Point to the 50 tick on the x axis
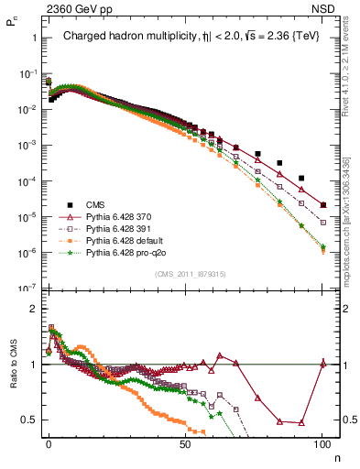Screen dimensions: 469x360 coord(185,444)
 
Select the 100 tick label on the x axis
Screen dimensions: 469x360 coord(322,444)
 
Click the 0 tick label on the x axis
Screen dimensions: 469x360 coord(49,444)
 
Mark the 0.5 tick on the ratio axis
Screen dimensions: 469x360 coord(27,420)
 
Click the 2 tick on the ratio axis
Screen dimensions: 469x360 coord(32,309)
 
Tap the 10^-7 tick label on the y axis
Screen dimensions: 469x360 coord(25,288)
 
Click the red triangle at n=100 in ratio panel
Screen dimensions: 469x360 coord(322,364)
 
